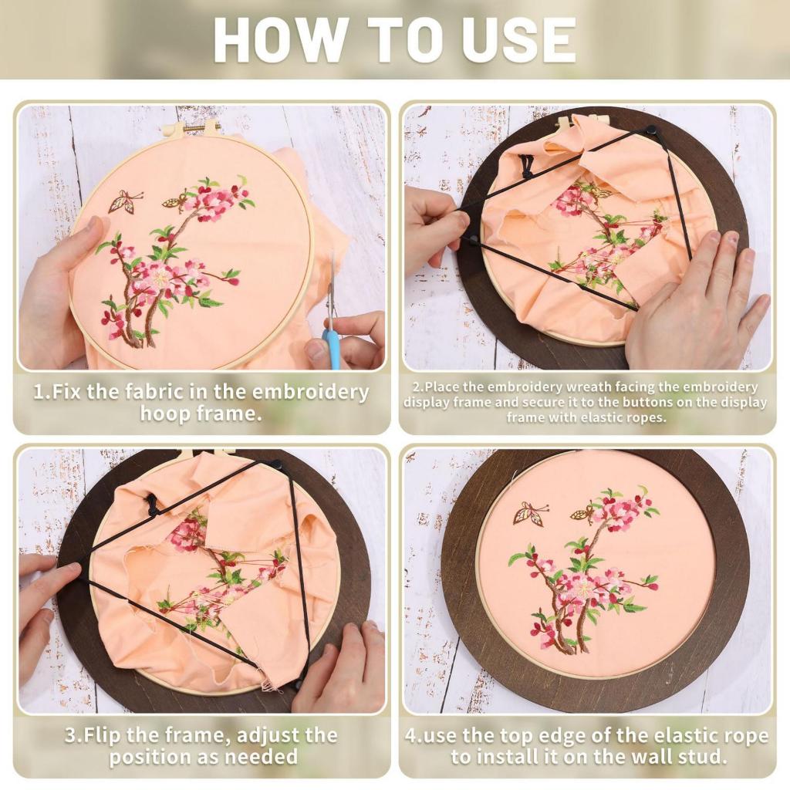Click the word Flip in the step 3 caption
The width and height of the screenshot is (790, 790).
coord(103,735)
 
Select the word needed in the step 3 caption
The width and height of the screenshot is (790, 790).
coord(261,757)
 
